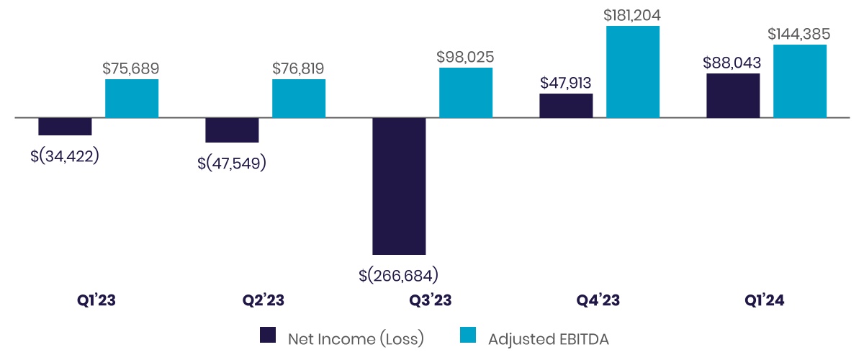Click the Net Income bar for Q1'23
pos(65,126)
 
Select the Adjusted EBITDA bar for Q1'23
pos(132,99)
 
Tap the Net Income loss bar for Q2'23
pos(232,130)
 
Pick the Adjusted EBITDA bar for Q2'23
pos(299,99)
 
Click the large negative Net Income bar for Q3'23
pos(399,186)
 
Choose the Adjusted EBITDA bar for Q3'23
pos(466,93)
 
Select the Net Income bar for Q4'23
pos(566,105)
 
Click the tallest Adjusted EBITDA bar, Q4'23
pos(633,71)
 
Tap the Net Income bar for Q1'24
pos(733,95)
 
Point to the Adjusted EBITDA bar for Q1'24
pos(800,81)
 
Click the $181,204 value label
pos(633,14)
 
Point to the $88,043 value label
pos(732,63)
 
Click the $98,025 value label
pos(465,56)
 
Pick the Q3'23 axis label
pos(431,300)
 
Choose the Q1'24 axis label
pos(765,300)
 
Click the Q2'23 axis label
pos(264,300)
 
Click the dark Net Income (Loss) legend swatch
pos(268,336)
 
